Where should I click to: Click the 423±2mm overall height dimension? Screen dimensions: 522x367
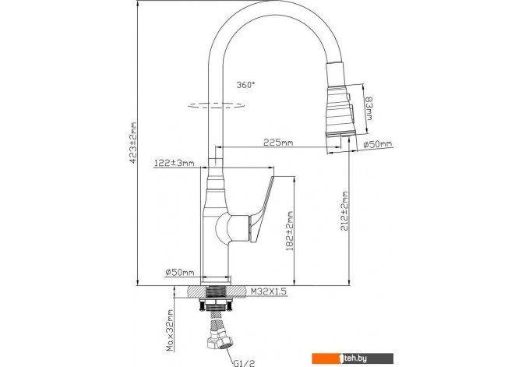click(133, 143)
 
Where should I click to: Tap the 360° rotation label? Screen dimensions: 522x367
click(245, 85)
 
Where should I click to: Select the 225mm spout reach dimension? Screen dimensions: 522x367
click(278, 143)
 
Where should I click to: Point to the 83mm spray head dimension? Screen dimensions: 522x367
click(369, 108)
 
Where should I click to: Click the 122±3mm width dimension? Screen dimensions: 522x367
click(174, 163)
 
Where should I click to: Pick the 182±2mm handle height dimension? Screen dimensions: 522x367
click(290, 231)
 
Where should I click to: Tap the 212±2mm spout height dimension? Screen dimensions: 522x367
click(344, 211)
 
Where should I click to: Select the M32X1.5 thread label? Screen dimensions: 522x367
click(268, 291)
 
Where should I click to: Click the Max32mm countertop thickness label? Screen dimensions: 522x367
click(170, 330)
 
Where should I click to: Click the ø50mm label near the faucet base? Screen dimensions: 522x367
click(180, 273)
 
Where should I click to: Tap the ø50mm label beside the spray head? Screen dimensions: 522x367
click(378, 144)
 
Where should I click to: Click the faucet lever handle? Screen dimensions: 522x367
click(261, 209)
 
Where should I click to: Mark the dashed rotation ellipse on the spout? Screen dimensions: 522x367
click(217, 105)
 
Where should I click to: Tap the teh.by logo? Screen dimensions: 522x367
click(353, 358)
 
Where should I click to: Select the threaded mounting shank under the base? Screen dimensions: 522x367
click(216, 292)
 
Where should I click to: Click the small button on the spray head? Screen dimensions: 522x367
click(348, 97)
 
